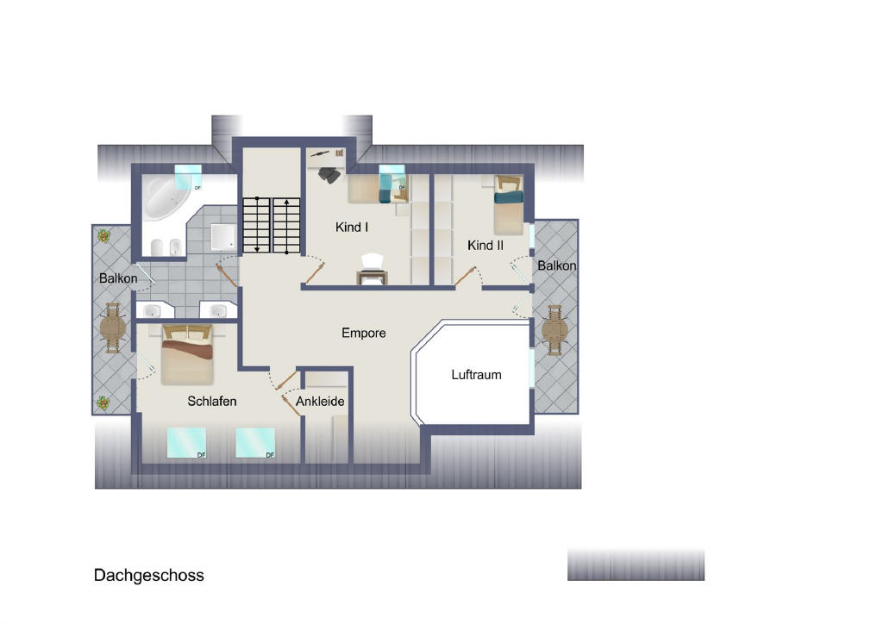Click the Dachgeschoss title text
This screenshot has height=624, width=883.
point(148,575)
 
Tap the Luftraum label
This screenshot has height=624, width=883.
point(476,375)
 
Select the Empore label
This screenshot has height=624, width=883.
point(363,333)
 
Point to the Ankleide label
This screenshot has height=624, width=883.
point(320,401)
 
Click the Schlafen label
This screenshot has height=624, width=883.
point(212,401)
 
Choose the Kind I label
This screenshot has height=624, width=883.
point(352,228)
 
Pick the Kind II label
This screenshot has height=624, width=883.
point(485,246)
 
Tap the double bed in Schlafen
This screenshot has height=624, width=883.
point(187,354)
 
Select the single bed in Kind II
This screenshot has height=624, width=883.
point(509,205)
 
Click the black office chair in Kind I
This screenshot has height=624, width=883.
point(329,175)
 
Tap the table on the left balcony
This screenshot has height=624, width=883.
point(113,328)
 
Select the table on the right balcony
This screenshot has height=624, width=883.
point(554,330)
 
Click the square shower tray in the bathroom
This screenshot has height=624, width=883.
point(223,236)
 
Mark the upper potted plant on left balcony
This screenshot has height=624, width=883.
point(103,236)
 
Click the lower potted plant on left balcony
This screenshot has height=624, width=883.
point(103,402)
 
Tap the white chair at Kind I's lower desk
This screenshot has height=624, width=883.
point(373,262)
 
